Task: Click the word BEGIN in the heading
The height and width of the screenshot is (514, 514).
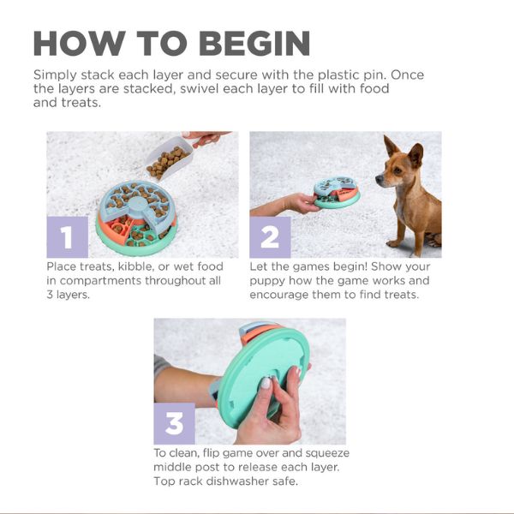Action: [x=254, y=44]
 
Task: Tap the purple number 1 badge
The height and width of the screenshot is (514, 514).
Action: [x=68, y=237]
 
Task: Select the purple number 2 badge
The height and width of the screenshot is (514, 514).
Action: [x=270, y=237]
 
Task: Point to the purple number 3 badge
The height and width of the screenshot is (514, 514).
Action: [x=175, y=423]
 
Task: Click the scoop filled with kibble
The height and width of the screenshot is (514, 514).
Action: [x=168, y=158]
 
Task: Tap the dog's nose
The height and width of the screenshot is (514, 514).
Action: [x=378, y=179]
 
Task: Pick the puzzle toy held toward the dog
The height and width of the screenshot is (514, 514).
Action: [x=337, y=193]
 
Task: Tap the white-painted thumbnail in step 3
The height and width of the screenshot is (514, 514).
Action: [x=266, y=383]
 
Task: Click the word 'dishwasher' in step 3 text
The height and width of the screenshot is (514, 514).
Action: [x=237, y=481]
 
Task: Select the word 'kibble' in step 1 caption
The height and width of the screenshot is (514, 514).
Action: [x=135, y=266]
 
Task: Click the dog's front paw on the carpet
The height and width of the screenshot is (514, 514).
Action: [x=395, y=243]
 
